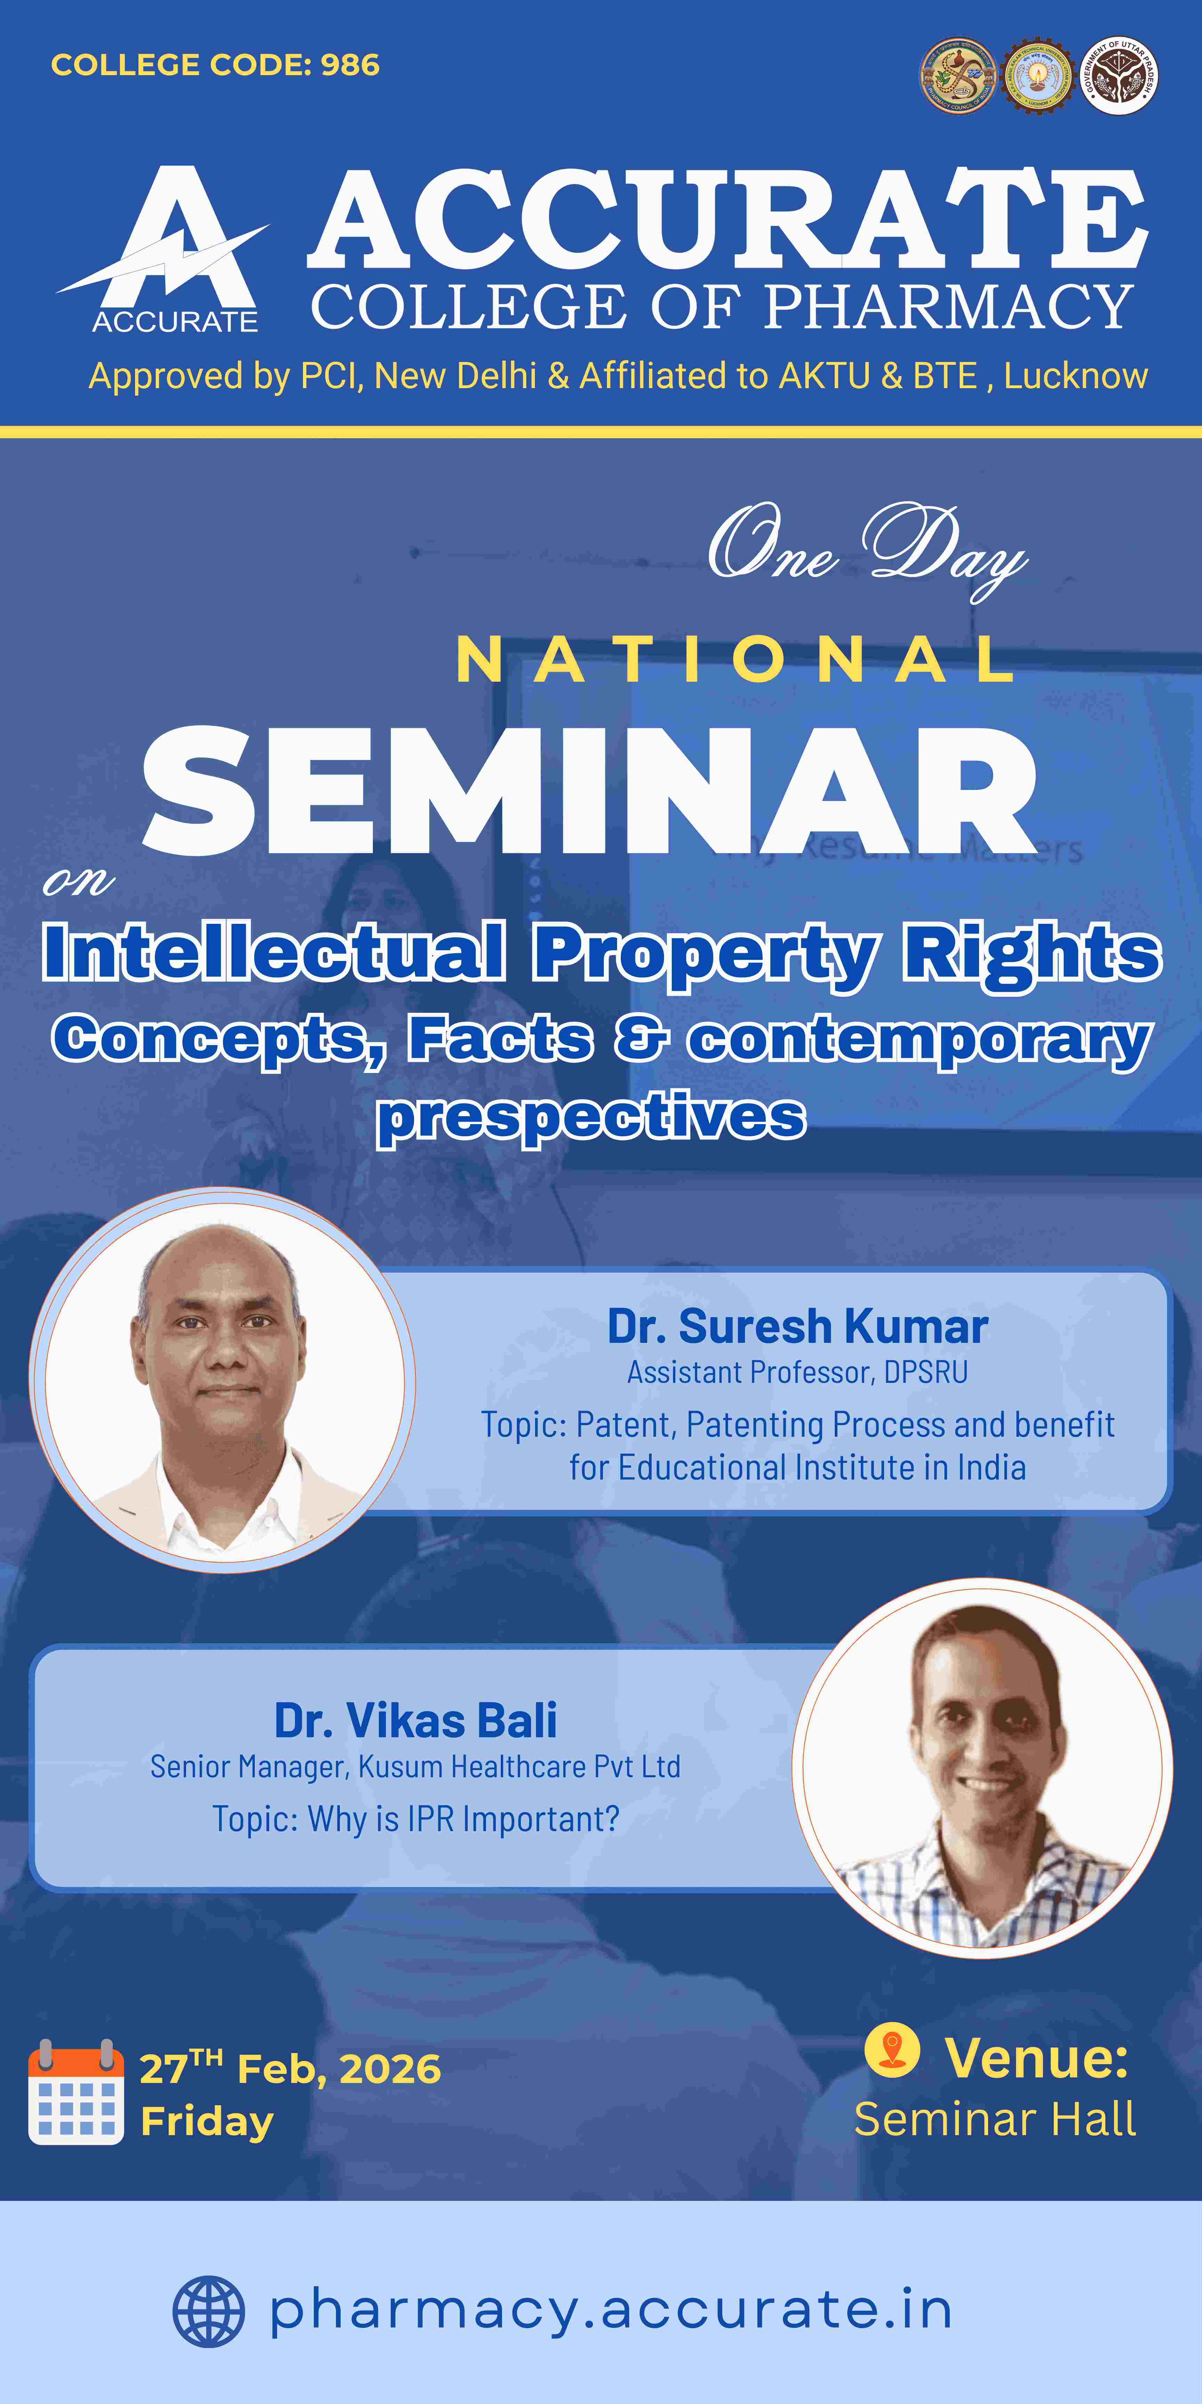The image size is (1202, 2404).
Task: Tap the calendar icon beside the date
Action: point(75,2095)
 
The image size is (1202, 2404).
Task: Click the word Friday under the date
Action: point(207,2122)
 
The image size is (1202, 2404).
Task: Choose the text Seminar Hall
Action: point(995,2119)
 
